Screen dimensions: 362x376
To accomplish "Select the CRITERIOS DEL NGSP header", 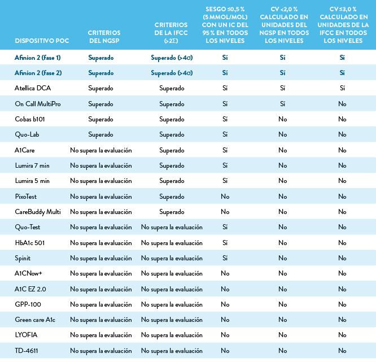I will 104,37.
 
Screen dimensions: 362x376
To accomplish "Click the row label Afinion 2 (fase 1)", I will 38,57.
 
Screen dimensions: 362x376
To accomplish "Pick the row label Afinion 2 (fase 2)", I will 38,73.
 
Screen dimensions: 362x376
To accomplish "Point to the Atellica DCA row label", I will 33,88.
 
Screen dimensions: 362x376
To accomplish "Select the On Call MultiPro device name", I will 38,104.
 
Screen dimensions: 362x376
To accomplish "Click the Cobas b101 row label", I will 30,119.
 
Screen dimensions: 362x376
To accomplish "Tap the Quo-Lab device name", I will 27,135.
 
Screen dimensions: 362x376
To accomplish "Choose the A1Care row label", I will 25,150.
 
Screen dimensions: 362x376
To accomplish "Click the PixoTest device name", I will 27,197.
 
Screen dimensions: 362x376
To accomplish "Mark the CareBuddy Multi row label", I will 38,212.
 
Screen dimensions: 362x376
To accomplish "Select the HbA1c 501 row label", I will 29,242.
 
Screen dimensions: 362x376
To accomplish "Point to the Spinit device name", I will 23,258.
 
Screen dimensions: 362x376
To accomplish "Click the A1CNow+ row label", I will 29,273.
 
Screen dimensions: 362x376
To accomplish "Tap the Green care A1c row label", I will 35,320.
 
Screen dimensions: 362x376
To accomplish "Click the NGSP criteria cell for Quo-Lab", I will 100,135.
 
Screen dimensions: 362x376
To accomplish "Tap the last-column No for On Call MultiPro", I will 342,104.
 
